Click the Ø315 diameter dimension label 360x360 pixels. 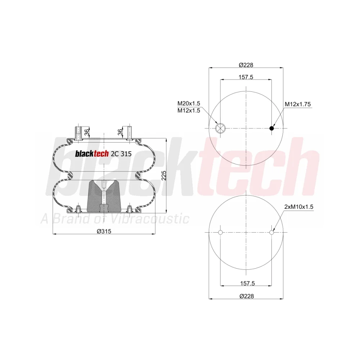click(104, 231)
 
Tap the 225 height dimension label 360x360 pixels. click(164, 175)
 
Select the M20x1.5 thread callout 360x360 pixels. click(189, 103)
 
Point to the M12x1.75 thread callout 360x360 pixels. click(298, 104)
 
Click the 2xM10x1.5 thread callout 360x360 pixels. click(299, 207)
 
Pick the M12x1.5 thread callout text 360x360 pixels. click(189, 111)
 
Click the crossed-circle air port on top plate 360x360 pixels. click(220, 128)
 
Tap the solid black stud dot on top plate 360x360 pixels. click(272, 128)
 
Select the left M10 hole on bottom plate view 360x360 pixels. click(220, 232)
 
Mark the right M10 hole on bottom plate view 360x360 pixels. click(271, 232)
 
